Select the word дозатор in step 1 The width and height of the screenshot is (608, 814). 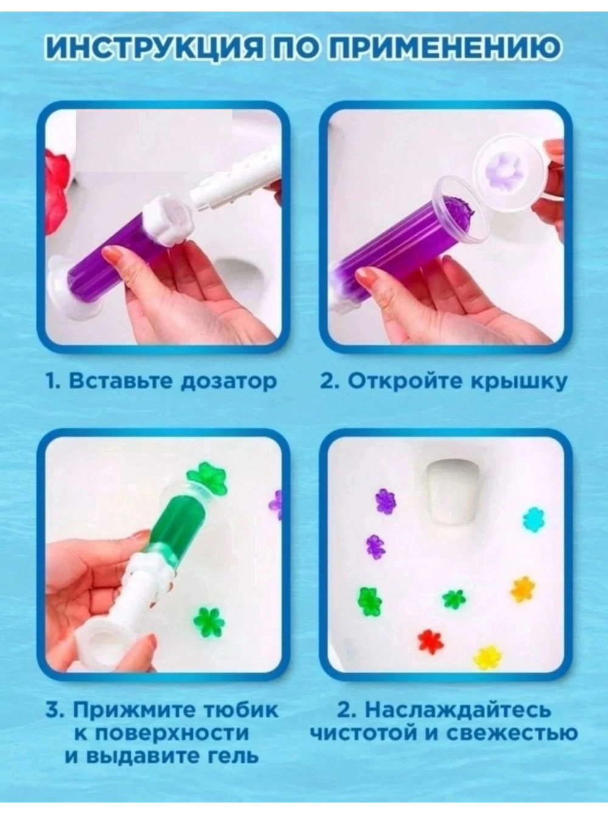pos(228,381)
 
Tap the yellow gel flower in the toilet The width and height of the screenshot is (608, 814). pos(487,658)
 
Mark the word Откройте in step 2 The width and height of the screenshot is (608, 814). pos(407,381)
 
